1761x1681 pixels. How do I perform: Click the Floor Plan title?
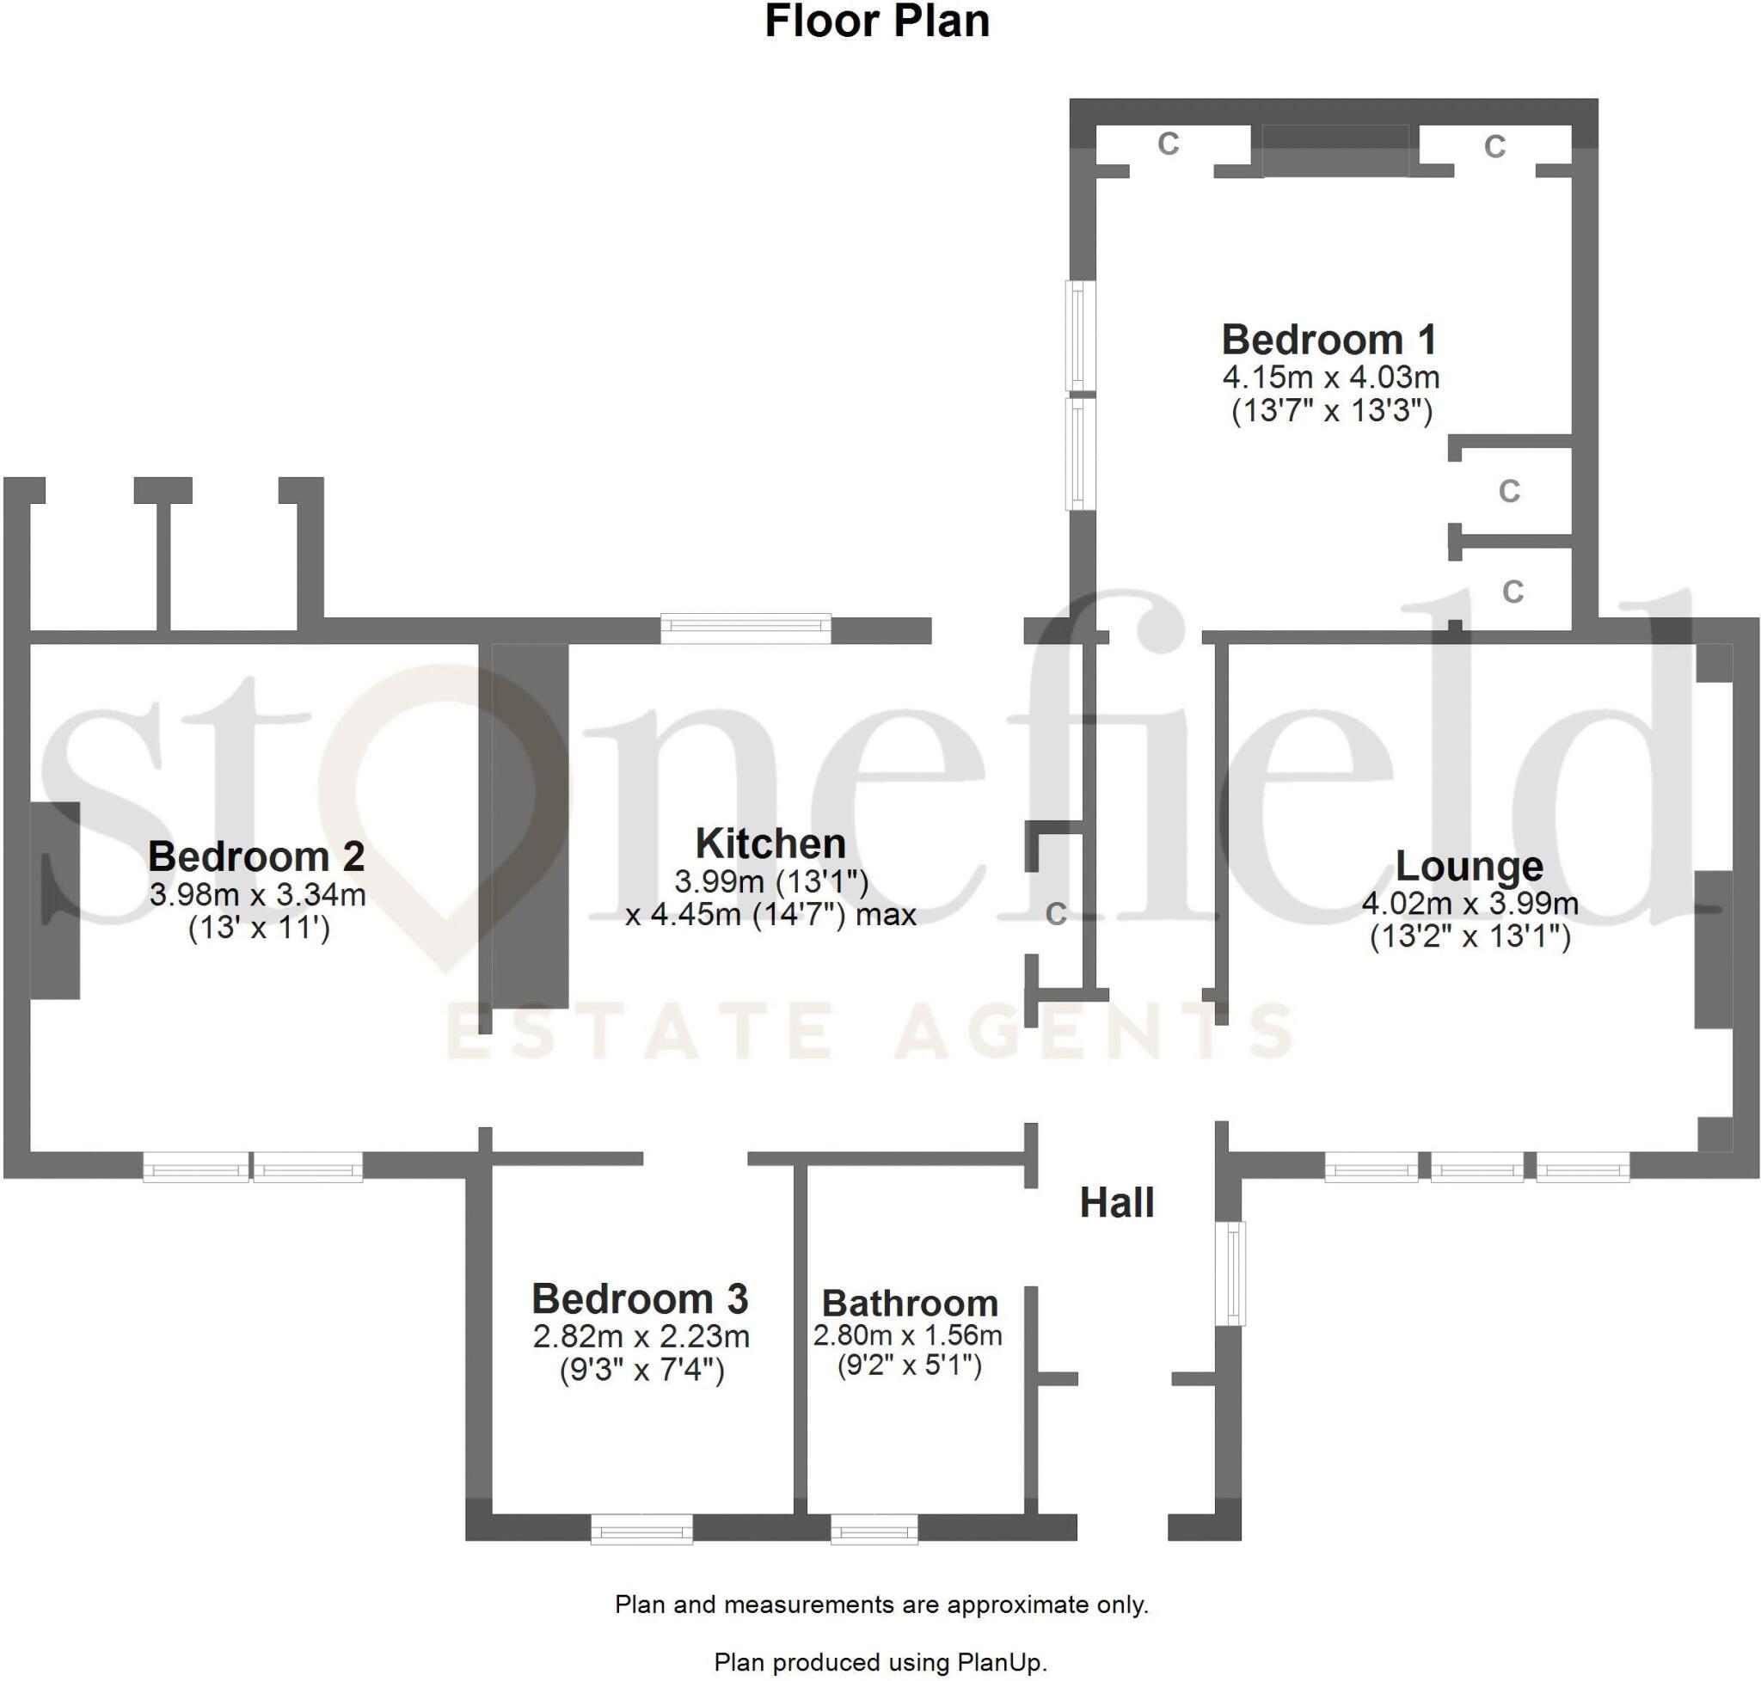pyautogui.click(x=876, y=21)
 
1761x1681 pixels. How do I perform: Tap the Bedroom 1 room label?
pyautogui.click(x=1329, y=340)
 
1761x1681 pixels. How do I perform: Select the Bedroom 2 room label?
pyautogui.click(x=256, y=856)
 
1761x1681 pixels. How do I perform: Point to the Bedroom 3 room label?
pyautogui.click(x=640, y=1298)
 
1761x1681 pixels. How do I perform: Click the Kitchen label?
pyautogui.click(x=770, y=844)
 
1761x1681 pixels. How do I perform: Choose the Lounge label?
pyautogui.click(x=1469, y=866)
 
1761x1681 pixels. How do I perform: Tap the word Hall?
pyautogui.click(x=1116, y=1203)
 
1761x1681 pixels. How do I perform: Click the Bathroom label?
pyautogui.click(x=910, y=1303)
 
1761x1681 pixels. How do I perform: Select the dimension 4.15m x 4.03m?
pyautogui.click(x=1331, y=377)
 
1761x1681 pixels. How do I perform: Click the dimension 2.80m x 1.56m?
pyautogui.click(x=907, y=1335)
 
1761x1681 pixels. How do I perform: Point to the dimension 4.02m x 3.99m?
pyautogui.click(x=1470, y=903)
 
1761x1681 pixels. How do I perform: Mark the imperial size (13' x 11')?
pyautogui.click(x=259, y=928)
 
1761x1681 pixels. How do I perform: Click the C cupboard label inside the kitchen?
pyautogui.click(x=1056, y=914)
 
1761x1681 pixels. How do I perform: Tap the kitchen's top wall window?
pyautogui.click(x=746, y=629)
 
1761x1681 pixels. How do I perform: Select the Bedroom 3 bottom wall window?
pyautogui.click(x=641, y=1529)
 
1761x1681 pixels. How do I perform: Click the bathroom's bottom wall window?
pyautogui.click(x=874, y=1529)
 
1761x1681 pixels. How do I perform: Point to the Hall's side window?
pyautogui.click(x=1234, y=1273)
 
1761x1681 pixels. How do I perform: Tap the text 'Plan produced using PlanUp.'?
pyautogui.click(x=880, y=1662)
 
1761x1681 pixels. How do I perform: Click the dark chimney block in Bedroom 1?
pyautogui.click(x=1335, y=150)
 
